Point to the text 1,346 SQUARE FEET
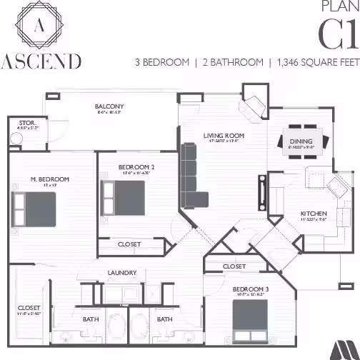[315, 62]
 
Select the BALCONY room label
[109, 107]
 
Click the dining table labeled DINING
[301, 141]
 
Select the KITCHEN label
[313, 214]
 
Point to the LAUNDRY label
[122, 273]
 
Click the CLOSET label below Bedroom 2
[129, 244]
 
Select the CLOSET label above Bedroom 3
[234, 266]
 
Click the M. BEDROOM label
[49, 179]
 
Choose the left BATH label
[90, 319]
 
